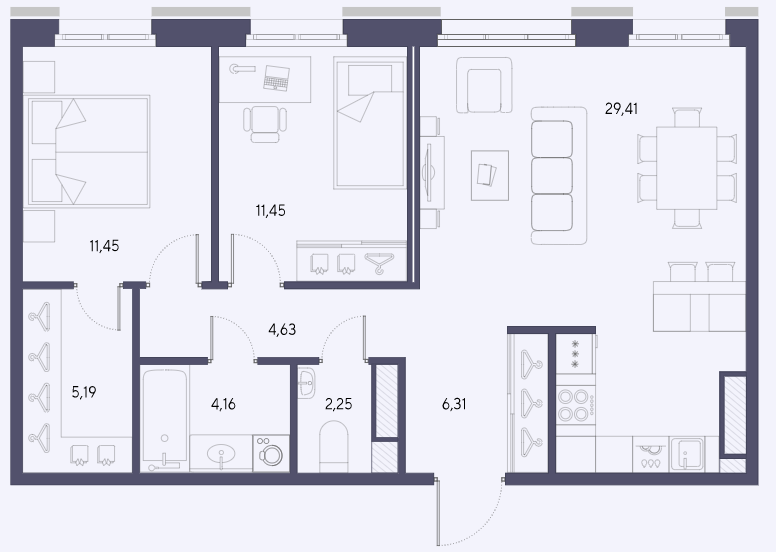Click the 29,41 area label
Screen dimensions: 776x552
click(621, 108)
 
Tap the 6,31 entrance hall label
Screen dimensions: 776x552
click(454, 404)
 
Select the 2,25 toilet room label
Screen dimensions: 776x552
click(339, 404)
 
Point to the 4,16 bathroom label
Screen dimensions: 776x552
click(223, 404)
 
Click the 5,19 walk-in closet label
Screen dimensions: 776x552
click(84, 393)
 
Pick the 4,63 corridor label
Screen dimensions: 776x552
click(282, 329)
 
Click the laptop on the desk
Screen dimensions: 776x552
click(276, 78)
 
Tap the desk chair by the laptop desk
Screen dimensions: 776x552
click(265, 124)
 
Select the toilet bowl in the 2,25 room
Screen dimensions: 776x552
click(334, 447)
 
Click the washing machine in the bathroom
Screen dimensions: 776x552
click(271, 453)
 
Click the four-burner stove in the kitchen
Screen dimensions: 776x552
click(575, 404)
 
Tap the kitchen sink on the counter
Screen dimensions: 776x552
click(687, 454)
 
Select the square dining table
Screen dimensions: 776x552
click(687, 168)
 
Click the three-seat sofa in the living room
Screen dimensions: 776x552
click(559, 176)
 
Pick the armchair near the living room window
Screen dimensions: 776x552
click(484, 85)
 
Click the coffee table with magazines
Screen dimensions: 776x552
click(490, 175)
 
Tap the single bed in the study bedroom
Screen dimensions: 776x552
click(370, 123)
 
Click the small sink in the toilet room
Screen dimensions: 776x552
click(306, 383)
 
